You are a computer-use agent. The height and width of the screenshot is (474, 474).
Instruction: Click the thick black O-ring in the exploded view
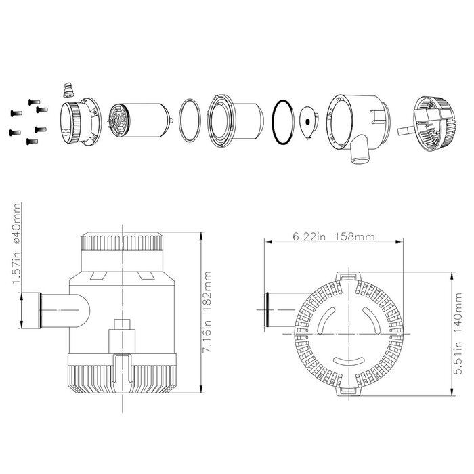pos(283,122)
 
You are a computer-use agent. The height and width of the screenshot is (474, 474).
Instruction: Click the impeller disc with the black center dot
pos(309,123)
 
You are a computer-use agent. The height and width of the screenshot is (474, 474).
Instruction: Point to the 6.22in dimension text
pos(310,236)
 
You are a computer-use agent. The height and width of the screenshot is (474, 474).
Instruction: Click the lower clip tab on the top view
pos(347,391)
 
